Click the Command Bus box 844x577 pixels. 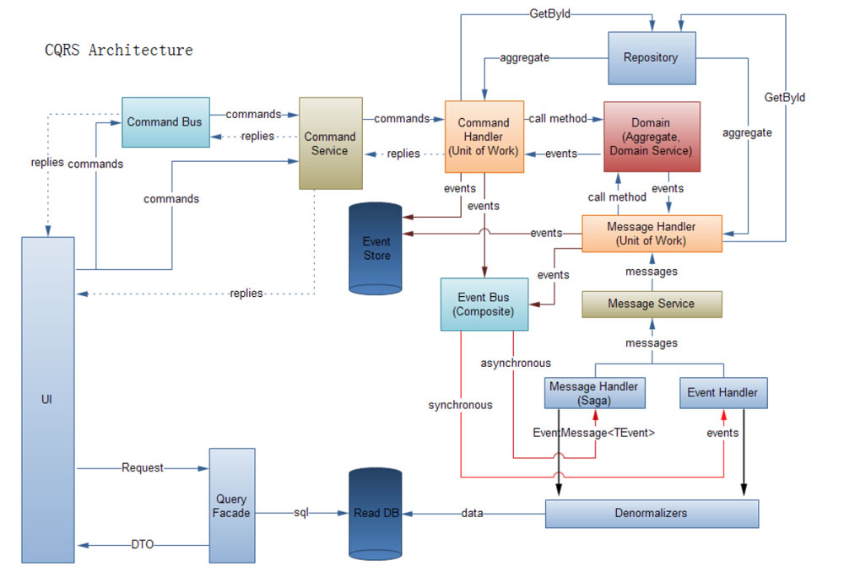click(165, 122)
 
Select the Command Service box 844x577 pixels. click(330, 143)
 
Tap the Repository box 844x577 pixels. click(651, 58)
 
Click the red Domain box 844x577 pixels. click(651, 137)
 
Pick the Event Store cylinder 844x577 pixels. click(376, 249)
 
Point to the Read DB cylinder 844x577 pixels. click(377, 513)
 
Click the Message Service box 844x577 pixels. click(652, 304)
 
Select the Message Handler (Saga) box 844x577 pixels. click(594, 392)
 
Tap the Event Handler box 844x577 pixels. click(722, 392)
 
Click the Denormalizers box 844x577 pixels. click(652, 513)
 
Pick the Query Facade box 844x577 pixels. click(231, 505)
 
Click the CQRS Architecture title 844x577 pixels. click(119, 51)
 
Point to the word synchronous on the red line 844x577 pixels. click(460, 405)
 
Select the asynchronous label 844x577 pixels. click(515, 363)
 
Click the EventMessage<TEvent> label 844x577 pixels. click(594, 433)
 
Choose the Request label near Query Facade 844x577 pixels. click(142, 467)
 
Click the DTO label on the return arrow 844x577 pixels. click(142, 545)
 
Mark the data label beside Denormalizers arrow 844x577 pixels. click(473, 513)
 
